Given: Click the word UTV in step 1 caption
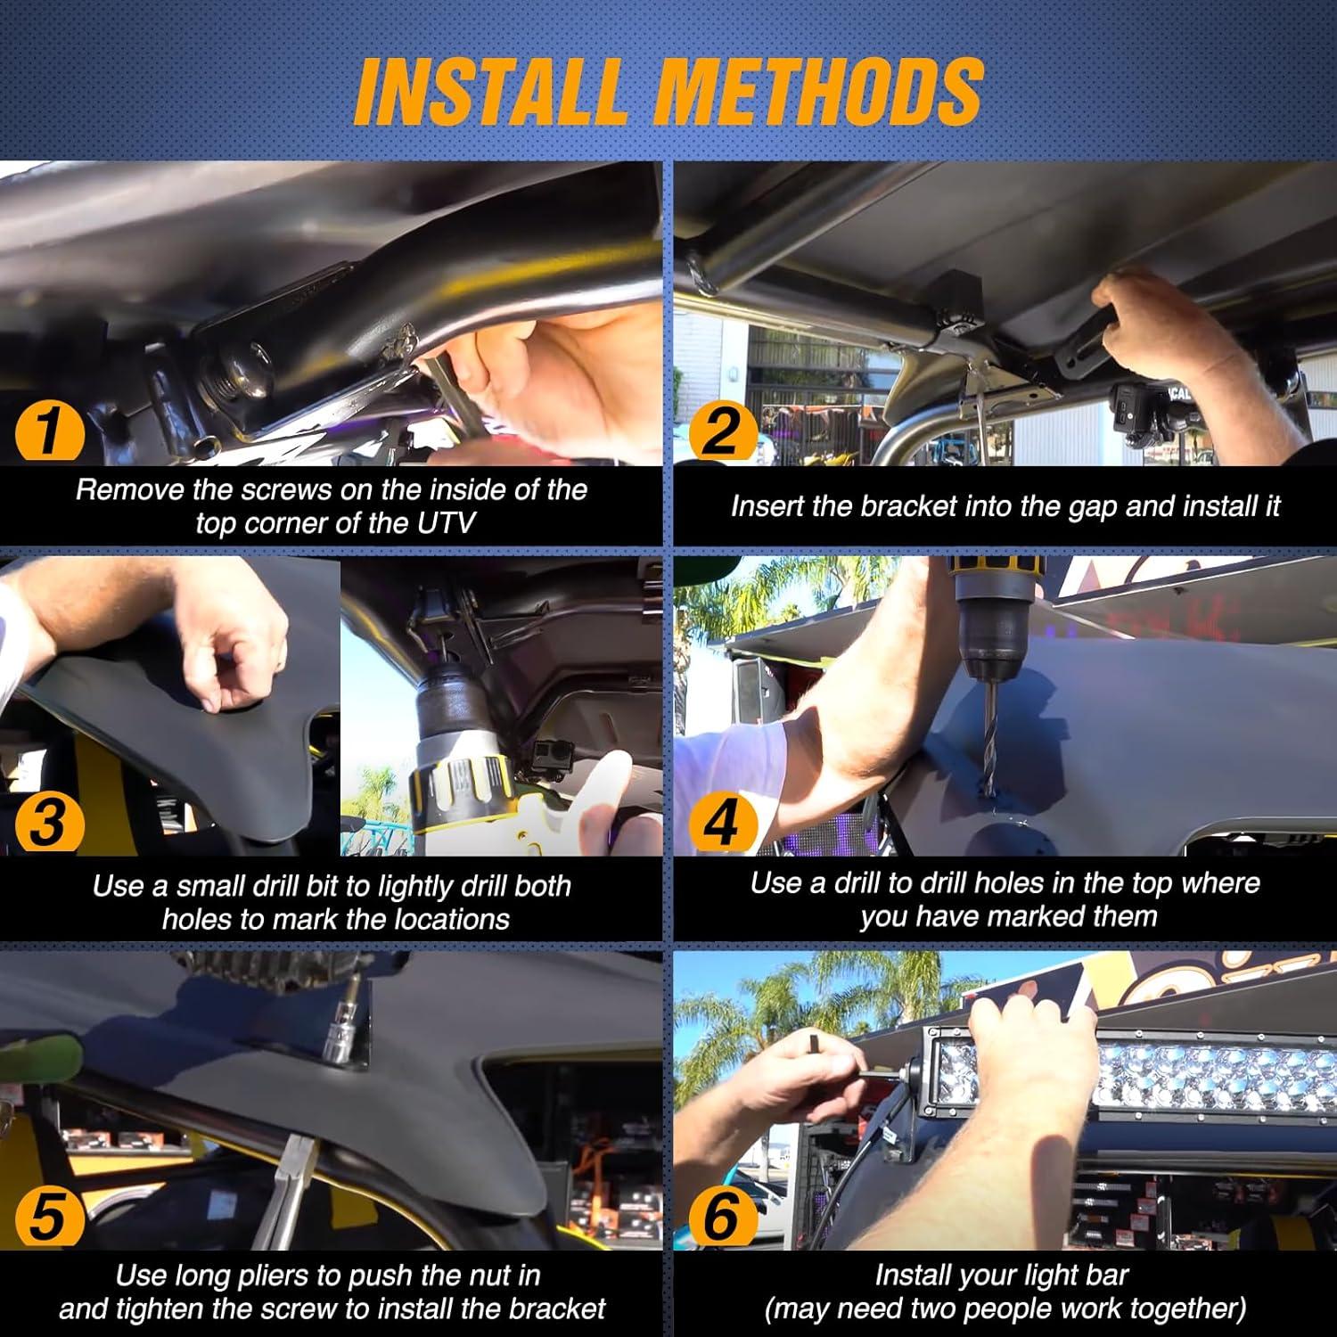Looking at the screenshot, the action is [x=446, y=522].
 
